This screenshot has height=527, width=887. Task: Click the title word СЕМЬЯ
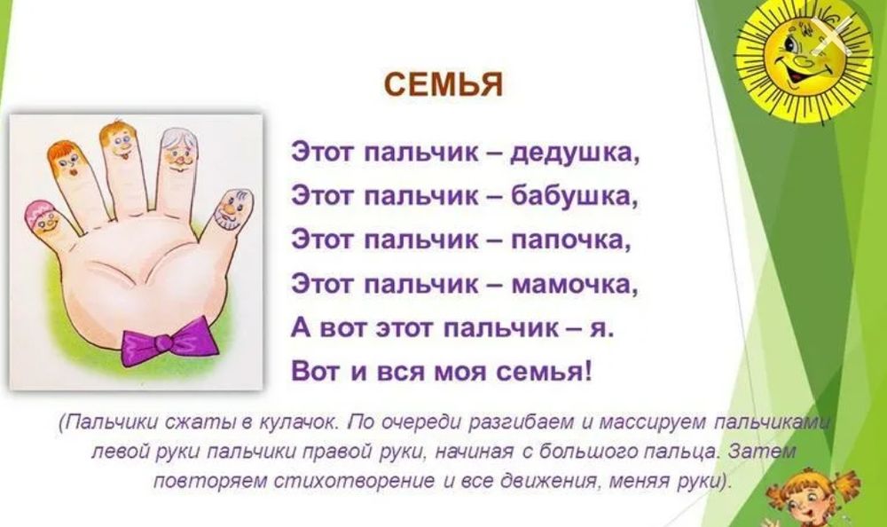pyautogui.click(x=443, y=85)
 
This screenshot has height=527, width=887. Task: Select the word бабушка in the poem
pyautogui.click(x=575, y=194)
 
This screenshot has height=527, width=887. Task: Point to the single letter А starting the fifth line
pyautogui.click(x=300, y=328)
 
